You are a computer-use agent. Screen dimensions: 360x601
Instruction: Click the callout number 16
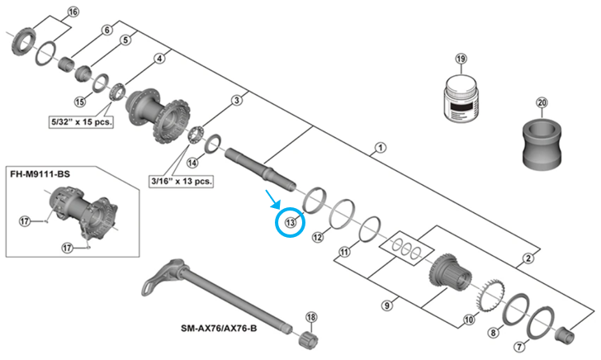73,12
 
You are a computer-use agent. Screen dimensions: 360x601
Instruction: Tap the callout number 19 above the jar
461,59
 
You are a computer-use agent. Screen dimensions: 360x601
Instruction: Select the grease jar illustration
461,102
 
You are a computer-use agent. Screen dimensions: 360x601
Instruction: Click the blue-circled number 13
290,222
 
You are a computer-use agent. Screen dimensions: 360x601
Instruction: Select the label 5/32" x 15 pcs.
80,121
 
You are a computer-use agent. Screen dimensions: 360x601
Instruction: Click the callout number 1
379,149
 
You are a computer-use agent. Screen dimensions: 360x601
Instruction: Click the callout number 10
470,319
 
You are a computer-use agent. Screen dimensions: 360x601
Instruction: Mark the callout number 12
318,237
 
